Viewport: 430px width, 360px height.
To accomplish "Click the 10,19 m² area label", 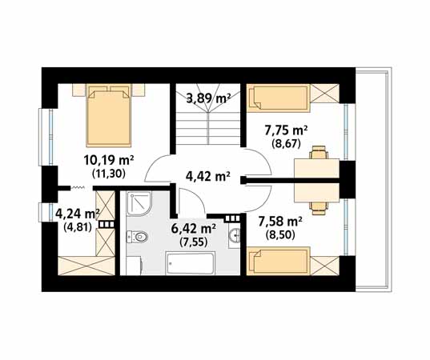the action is [109, 161].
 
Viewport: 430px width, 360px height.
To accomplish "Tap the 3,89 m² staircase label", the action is [208, 98].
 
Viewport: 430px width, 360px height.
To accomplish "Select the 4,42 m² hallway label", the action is [208, 176].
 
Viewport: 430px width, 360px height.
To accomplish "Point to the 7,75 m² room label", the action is [286, 130].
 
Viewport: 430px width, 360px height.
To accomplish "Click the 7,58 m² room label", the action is [280, 222].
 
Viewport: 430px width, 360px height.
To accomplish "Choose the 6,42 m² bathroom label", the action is [194, 228].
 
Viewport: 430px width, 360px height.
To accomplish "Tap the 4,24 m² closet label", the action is [78, 214].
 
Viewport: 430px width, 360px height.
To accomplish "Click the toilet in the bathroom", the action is [137, 237].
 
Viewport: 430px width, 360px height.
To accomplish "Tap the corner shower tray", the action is [139, 203].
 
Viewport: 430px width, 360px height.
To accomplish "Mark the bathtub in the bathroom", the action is [191, 263].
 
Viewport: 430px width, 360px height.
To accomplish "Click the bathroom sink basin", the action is [235, 235].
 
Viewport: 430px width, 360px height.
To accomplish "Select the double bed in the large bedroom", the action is [109, 115].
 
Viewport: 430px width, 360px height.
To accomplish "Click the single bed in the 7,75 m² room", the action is [279, 98].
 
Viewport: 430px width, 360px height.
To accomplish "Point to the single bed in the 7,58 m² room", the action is [279, 261].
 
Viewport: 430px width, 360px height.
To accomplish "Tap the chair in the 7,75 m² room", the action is [319, 152].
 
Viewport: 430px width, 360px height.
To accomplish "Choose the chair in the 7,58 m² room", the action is [319, 208].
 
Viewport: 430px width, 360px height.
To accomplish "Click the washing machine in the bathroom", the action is [134, 266].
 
